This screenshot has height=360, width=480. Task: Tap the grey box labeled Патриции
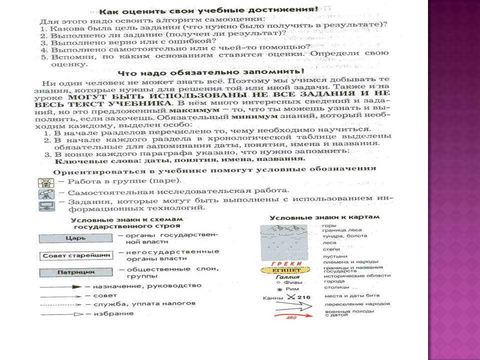(x=76, y=273)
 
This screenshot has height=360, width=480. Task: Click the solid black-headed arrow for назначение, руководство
(x=60, y=287)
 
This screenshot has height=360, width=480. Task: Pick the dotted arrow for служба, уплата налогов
(x=60, y=304)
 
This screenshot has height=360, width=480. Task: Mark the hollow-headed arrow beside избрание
(x=60, y=313)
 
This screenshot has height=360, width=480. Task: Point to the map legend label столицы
(x=333, y=288)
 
